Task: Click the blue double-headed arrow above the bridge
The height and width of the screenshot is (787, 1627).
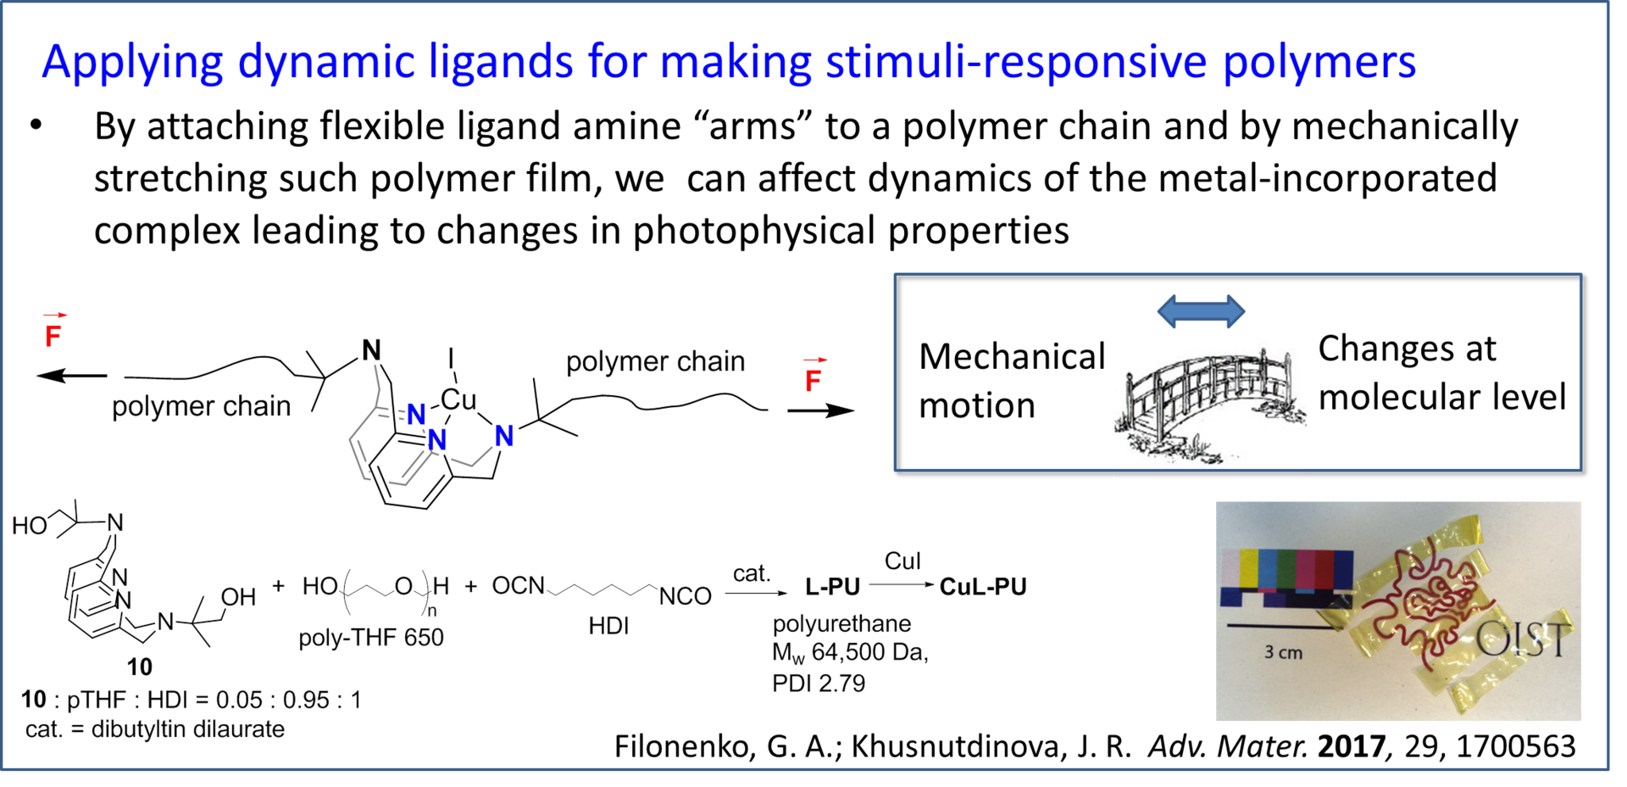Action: coord(1201,310)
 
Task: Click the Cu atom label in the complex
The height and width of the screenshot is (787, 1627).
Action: coord(458,399)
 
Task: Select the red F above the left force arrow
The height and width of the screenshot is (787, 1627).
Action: coord(53,332)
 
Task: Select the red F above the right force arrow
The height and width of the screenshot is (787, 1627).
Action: coord(813,377)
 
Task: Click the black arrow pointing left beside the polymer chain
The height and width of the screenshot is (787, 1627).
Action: coord(71,376)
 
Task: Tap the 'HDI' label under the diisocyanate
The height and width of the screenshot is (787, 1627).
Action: coord(608,626)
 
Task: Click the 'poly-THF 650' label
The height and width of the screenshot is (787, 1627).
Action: coord(370,638)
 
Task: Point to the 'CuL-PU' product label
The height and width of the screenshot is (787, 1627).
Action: coord(982,586)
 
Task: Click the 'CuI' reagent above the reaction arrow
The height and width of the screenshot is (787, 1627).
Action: coord(902,561)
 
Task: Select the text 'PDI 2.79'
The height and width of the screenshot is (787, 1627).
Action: coord(819,683)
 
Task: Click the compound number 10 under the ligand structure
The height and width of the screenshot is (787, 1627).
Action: coord(139,667)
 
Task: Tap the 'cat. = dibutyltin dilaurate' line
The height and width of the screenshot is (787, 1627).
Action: coord(154,729)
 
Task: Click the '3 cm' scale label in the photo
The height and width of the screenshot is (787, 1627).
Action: coord(1283,652)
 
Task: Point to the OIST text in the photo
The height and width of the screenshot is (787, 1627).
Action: coord(1523,639)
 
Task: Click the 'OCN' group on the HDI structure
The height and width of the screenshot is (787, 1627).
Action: coord(516,585)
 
